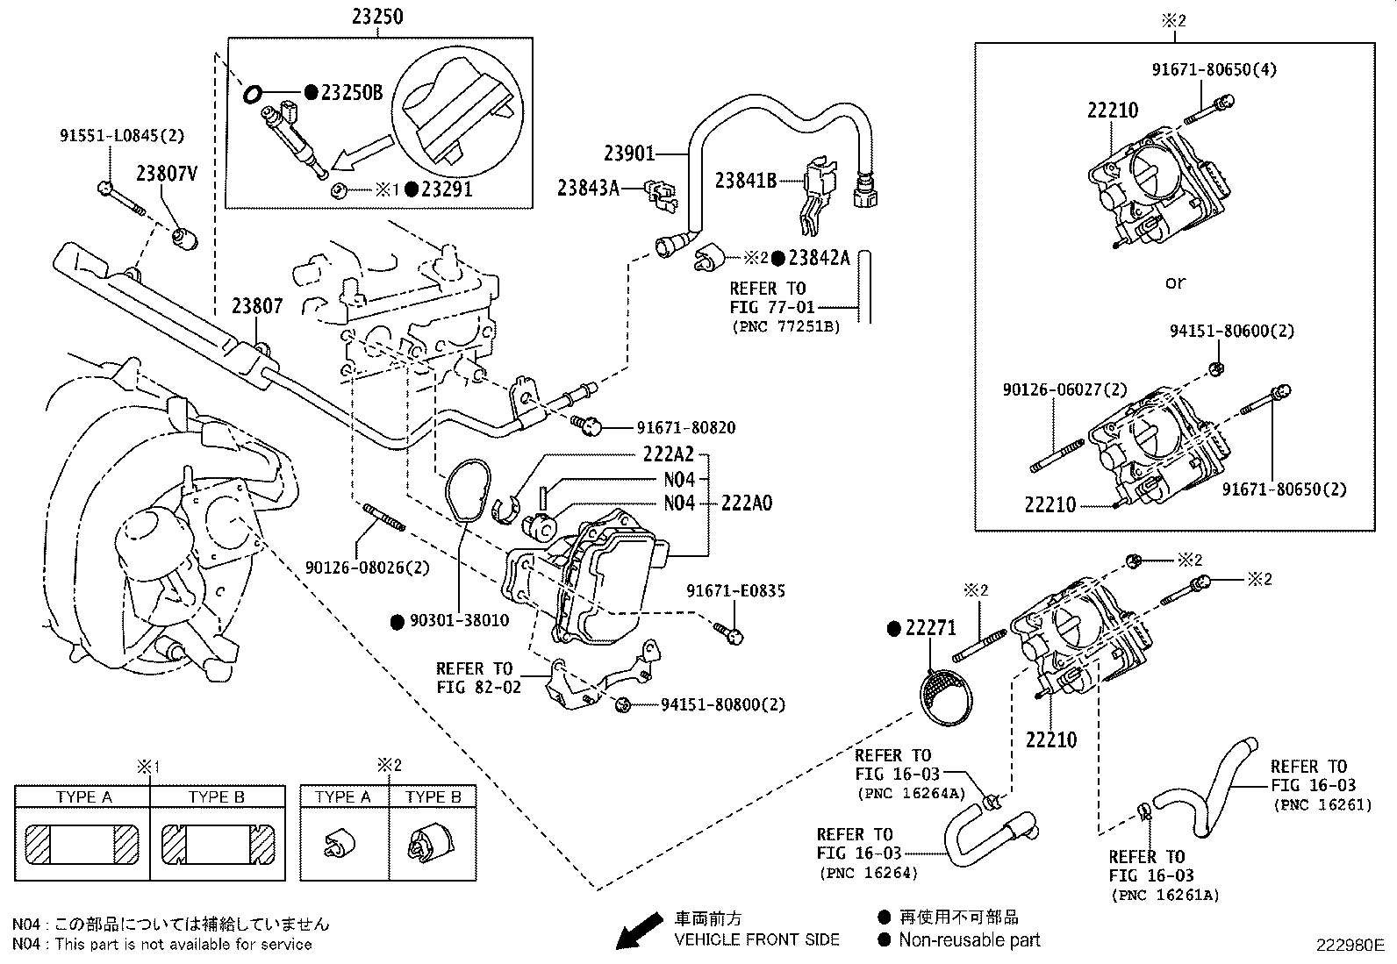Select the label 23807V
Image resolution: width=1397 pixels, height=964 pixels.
pos(166,174)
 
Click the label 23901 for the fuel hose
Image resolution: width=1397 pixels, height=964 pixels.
pos(629,154)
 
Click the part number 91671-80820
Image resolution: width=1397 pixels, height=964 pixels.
pos(686,428)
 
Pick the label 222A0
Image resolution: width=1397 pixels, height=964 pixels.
pos(747,503)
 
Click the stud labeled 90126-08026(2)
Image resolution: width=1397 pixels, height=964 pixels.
pos(383,517)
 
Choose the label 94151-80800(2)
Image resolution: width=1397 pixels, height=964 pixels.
pos(723,704)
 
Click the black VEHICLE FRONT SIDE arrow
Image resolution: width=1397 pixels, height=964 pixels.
pos(638,931)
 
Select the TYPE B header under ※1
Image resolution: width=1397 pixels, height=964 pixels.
pos(217,796)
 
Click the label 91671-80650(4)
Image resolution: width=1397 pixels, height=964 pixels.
pos(1214,69)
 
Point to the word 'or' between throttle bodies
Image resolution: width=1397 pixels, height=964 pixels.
pos(1175,282)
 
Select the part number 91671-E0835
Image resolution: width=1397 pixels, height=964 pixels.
pos(735,591)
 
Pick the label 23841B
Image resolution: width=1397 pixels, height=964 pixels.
pos(745,180)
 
